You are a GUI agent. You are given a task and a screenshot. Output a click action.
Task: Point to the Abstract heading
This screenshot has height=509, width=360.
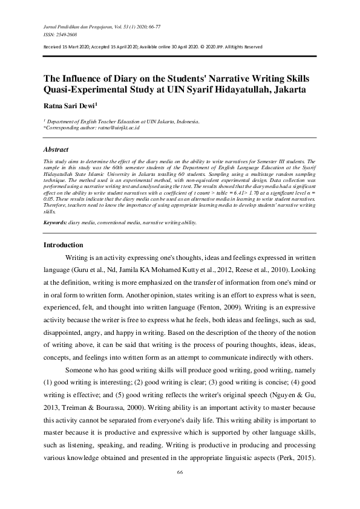[x=56, y=149]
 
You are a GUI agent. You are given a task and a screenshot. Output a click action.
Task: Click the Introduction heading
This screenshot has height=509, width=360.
[x=64, y=245]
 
